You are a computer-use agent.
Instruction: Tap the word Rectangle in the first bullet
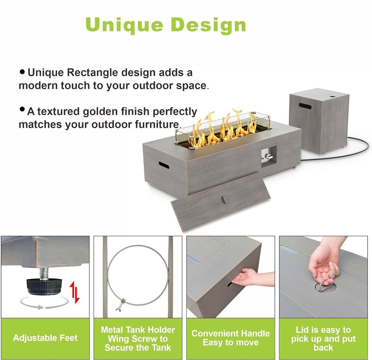point(92,73)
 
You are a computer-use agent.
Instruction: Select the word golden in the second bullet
point(100,112)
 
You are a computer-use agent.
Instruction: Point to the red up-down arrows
point(74,292)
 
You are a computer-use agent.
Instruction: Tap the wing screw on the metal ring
point(121,304)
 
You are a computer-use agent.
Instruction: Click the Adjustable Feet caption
point(45,338)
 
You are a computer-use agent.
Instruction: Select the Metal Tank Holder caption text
point(138,330)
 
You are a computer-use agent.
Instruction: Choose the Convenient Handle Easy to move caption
point(231,338)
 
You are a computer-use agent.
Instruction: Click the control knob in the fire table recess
point(268,157)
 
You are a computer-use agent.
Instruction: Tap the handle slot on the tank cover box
point(305,106)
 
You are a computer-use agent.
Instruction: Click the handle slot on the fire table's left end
point(164,165)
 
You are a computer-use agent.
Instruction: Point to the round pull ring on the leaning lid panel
point(223,199)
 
